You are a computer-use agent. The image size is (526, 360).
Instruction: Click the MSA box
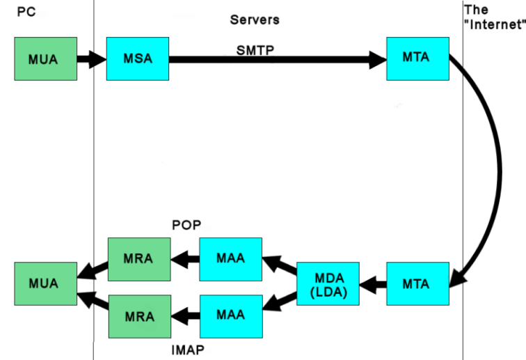138,58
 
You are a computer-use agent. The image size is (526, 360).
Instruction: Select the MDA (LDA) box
328,284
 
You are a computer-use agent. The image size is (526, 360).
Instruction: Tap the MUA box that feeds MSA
46,58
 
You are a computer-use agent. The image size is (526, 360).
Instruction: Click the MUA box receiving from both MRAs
46,284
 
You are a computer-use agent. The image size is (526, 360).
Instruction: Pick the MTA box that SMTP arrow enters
417,58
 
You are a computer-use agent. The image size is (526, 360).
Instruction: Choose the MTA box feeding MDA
417,284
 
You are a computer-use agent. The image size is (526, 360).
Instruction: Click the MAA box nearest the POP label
231,259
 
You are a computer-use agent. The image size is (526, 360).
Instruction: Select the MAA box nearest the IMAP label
231,316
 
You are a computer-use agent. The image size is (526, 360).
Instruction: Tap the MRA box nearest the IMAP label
140,316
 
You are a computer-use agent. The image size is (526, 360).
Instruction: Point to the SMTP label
255,50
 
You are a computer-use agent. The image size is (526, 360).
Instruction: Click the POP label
186,225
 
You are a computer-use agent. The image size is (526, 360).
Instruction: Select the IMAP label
188,350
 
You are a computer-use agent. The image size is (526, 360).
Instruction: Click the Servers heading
255,19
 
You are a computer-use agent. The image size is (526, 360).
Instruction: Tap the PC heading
26,12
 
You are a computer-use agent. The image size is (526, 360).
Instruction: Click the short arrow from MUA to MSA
92,59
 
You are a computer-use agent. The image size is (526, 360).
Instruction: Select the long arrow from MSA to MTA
278,60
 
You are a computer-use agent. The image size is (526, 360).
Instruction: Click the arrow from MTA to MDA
373,285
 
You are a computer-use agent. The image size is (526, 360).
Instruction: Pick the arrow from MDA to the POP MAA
280,265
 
